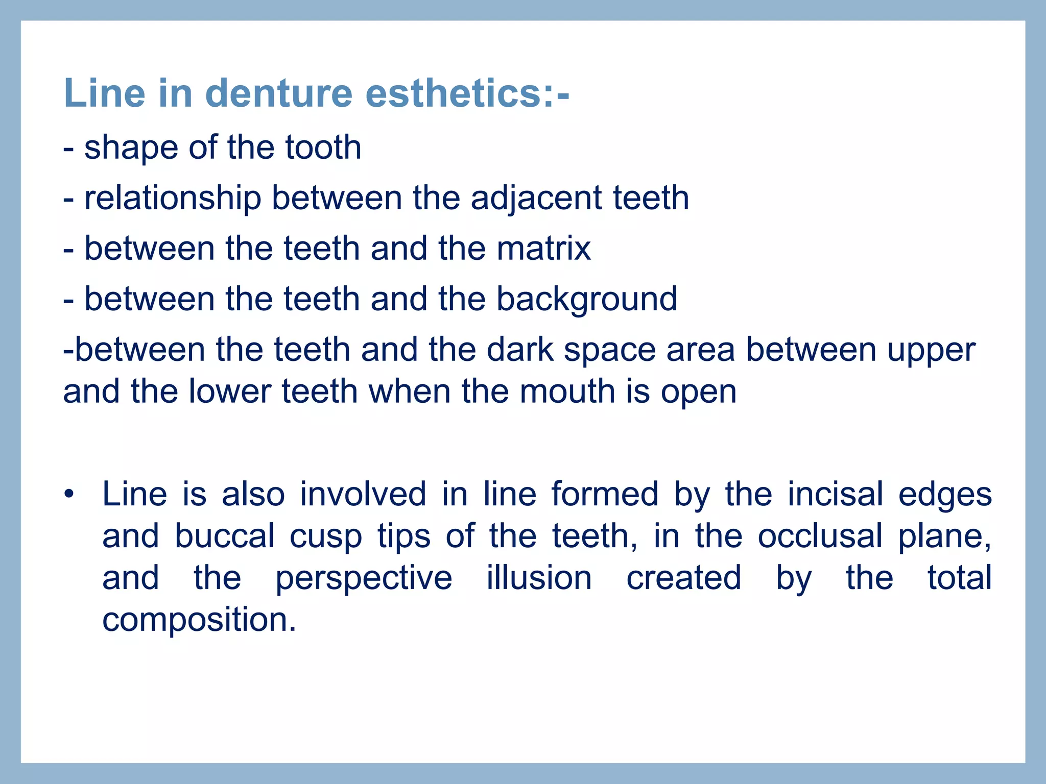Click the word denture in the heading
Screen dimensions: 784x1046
(279, 93)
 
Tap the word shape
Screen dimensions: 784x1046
(131, 148)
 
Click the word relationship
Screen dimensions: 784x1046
(173, 198)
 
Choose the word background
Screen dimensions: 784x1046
(587, 300)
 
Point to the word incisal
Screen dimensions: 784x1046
(835, 494)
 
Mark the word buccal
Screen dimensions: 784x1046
(225, 536)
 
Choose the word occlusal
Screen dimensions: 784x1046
(820, 536)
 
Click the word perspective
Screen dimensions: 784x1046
(364, 579)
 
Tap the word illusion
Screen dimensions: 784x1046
(539, 578)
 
